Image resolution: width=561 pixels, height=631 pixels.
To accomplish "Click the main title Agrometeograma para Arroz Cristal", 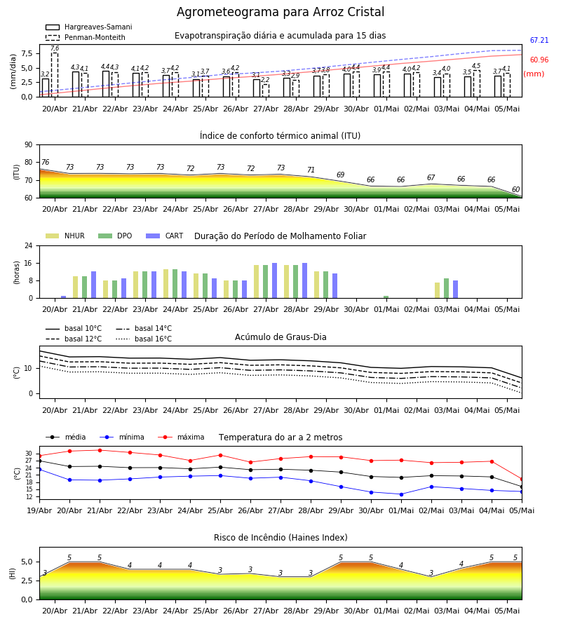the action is tap(280, 12).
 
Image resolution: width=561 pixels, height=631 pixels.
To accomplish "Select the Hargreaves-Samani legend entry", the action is tap(89, 27).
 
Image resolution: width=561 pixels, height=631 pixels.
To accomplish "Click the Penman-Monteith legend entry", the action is tap(86, 37).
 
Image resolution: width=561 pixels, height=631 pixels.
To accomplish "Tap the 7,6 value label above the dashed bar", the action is tap(55, 48).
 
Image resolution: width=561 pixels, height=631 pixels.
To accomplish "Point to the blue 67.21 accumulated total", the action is tap(539, 40).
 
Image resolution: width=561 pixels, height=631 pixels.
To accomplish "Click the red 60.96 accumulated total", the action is tap(539, 60).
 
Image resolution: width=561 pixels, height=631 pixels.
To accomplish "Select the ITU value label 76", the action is tap(45, 162).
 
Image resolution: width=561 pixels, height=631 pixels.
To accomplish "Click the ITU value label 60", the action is tap(515, 189).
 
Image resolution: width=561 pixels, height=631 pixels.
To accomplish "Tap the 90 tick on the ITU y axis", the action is tap(29, 145).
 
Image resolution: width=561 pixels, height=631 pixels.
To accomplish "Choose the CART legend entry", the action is tap(165, 236).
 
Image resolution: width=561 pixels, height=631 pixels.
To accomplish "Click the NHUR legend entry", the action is tap(65, 236).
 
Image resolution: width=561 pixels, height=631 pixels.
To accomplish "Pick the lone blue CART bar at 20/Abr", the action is tap(64, 297).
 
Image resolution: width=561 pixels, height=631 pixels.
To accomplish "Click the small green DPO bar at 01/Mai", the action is tap(386, 297).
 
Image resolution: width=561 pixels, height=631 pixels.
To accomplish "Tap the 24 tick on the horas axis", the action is tap(29, 245).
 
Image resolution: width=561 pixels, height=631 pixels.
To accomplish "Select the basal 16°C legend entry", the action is tap(144, 339).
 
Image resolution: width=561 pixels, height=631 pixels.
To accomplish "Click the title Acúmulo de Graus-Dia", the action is tap(280, 337).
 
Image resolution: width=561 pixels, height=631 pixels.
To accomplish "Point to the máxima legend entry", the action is tap(181, 437).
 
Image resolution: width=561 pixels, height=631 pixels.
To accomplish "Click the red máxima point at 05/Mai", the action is tap(522, 480).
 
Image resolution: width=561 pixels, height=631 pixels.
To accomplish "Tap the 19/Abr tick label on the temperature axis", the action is tap(39, 510).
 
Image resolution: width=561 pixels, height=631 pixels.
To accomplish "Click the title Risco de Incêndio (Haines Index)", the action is tap(280, 538).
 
